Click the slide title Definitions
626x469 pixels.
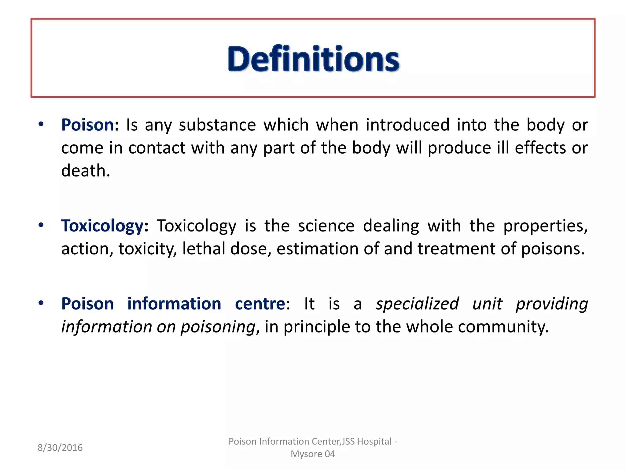(x=313, y=59)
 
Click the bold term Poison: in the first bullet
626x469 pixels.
(x=90, y=125)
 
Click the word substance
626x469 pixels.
(x=217, y=125)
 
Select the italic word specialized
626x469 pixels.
(x=417, y=304)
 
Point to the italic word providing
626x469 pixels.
(x=552, y=304)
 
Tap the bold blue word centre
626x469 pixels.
(x=260, y=304)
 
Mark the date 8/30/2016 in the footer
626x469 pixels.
(x=60, y=448)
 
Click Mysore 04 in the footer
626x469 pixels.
(x=313, y=454)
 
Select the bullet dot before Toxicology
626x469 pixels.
(x=41, y=225)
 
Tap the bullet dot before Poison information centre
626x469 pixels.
(x=41, y=303)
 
